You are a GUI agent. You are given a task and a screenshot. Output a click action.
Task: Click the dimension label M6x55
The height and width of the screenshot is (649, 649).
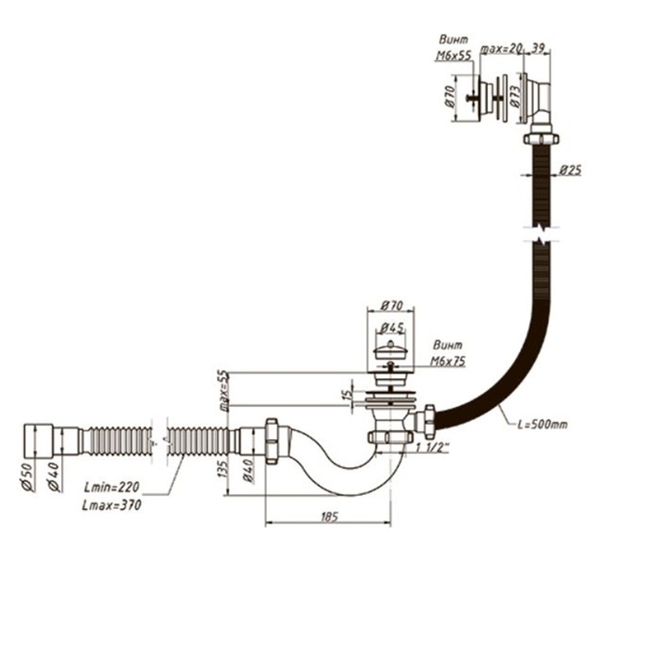tap(452, 57)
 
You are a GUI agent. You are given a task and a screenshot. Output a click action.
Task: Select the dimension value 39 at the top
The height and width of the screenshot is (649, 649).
tap(538, 47)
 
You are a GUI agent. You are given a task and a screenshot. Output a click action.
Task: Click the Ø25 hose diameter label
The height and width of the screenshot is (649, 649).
tap(570, 171)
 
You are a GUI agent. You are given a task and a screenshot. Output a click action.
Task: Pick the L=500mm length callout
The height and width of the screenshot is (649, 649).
tap(542, 424)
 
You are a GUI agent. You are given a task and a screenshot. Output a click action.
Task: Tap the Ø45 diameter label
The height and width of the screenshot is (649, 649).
tap(391, 325)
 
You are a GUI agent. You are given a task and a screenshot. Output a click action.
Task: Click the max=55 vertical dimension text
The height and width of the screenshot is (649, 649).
tap(223, 388)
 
